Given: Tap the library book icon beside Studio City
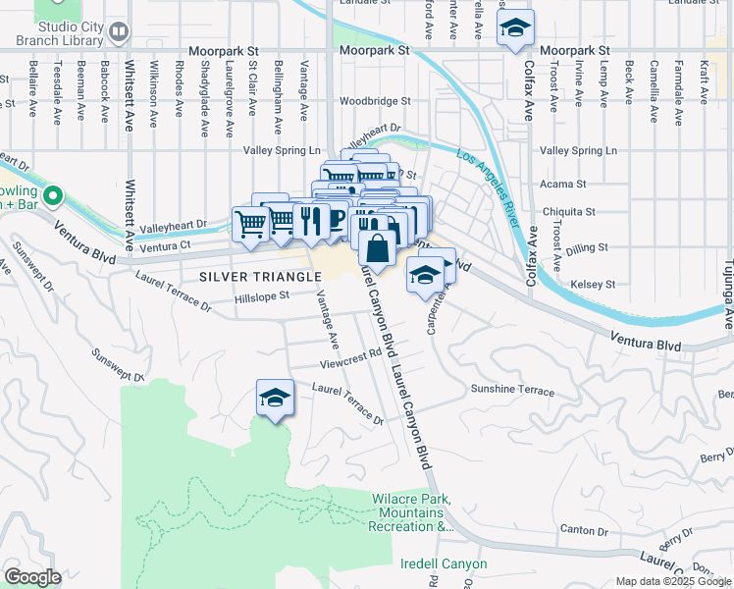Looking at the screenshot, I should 119,32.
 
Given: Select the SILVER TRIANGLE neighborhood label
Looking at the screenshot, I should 260,277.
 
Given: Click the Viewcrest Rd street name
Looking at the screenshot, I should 349,360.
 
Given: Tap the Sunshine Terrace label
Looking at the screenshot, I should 512,390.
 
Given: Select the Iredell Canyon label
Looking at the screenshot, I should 444,564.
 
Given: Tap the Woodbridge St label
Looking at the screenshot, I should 375,101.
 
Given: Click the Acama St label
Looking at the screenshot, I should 563,184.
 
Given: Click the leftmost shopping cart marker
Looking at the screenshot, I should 251,224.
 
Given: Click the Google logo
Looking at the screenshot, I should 32,577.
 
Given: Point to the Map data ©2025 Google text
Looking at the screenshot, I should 672,581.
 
